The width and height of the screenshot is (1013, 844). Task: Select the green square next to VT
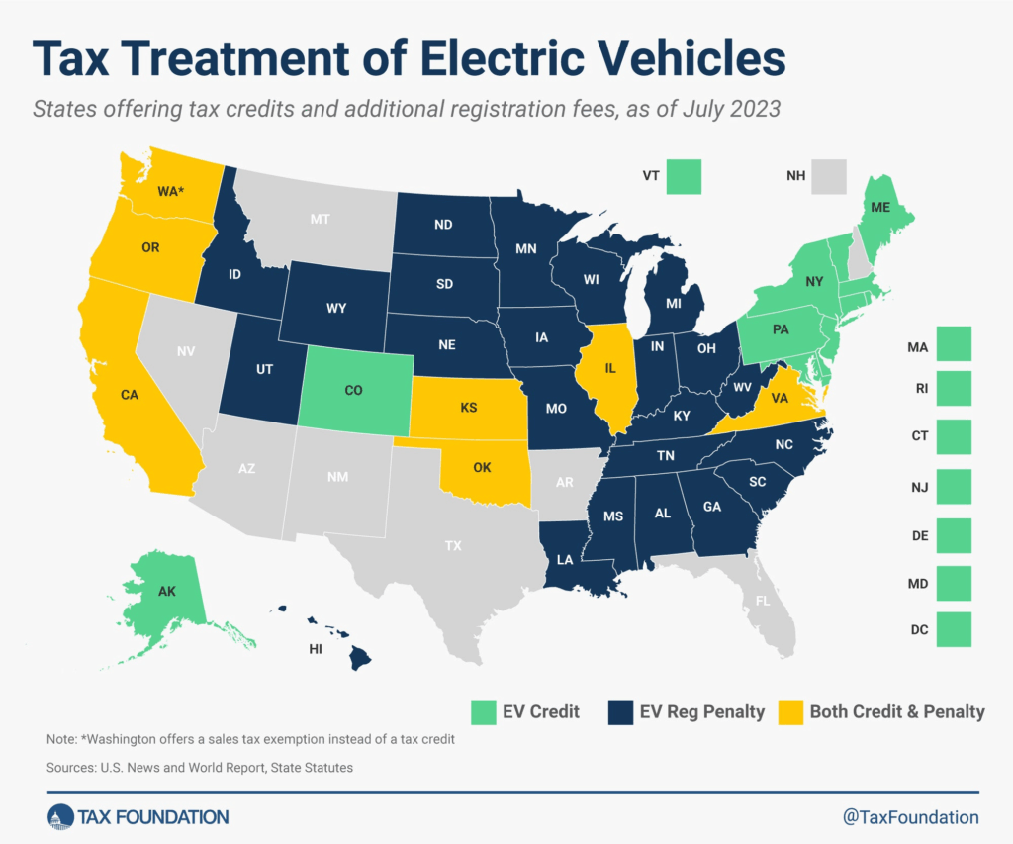click(684, 176)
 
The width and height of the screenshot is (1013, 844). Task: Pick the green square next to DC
click(954, 628)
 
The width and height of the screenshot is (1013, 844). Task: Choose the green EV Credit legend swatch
click(483, 710)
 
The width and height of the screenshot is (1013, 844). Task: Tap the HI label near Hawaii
click(316, 650)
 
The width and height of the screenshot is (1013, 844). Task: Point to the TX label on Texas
click(454, 545)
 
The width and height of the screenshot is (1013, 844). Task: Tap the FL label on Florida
click(762, 600)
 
